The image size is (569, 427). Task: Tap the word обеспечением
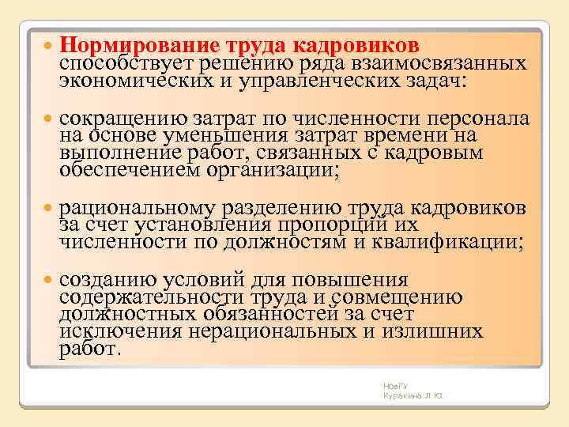tap(127, 170)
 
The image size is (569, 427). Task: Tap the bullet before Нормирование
tap(47, 43)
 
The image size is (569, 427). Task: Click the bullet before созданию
tap(47, 281)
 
